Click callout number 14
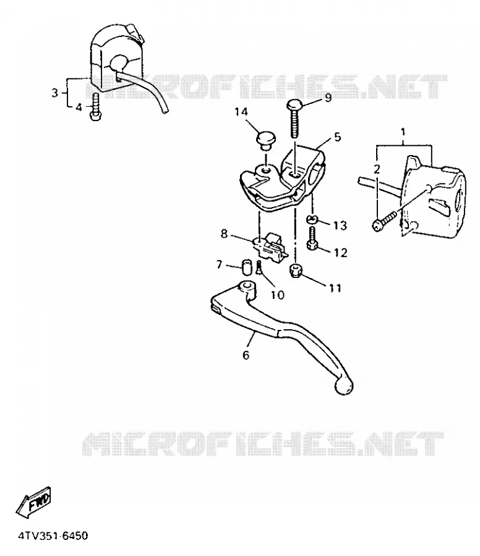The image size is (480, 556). click(x=241, y=112)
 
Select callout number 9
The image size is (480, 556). click(x=328, y=97)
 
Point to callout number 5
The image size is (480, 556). click(x=337, y=137)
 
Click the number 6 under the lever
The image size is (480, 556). click(x=246, y=355)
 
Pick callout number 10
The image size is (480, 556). click(x=278, y=295)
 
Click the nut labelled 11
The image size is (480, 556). click(x=296, y=271)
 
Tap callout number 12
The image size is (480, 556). click(x=340, y=253)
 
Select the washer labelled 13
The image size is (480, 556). click(x=311, y=220)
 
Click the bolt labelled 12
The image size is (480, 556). click(x=312, y=238)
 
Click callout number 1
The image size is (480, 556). click(x=403, y=132)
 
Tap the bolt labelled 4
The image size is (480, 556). click(x=95, y=107)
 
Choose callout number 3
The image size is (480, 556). click(x=54, y=93)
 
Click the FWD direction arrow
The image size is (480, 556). click(x=33, y=502)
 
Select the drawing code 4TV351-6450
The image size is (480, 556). click(x=53, y=536)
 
